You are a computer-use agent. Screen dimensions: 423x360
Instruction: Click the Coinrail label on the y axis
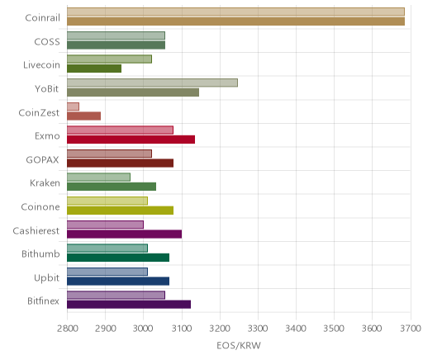click(x=42, y=18)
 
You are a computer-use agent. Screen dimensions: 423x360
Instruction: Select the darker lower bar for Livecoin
click(x=94, y=69)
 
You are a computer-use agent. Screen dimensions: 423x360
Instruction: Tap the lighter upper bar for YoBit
click(x=152, y=83)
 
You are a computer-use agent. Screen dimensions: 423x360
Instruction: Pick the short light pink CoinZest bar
click(x=73, y=107)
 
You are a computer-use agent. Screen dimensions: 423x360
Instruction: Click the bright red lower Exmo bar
click(x=131, y=140)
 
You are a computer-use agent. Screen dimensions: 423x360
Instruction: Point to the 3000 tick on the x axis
click(x=143, y=329)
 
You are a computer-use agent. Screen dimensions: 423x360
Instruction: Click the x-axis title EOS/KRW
click(x=239, y=346)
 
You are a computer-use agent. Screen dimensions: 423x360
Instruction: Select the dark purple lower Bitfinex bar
click(x=129, y=305)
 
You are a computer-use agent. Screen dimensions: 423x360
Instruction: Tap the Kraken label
click(x=45, y=183)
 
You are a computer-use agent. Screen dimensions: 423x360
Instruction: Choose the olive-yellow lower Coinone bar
click(x=120, y=211)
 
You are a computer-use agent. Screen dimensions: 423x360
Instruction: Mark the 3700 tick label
click(x=411, y=329)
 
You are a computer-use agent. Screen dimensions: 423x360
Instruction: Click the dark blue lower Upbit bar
click(x=118, y=281)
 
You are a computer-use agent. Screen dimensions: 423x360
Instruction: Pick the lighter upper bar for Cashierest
click(x=105, y=225)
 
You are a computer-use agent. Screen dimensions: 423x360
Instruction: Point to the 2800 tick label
click(x=67, y=329)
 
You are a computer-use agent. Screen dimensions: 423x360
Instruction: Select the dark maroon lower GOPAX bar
click(x=120, y=163)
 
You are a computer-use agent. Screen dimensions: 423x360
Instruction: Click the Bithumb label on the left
click(x=40, y=253)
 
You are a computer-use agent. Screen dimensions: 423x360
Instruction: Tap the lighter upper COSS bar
click(x=116, y=36)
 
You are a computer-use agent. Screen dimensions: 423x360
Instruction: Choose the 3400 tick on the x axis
click(x=296, y=329)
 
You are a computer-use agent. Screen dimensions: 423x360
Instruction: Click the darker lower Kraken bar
click(x=112, y=187)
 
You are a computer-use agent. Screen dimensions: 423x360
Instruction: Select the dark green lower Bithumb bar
click(x=118, y=258)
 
